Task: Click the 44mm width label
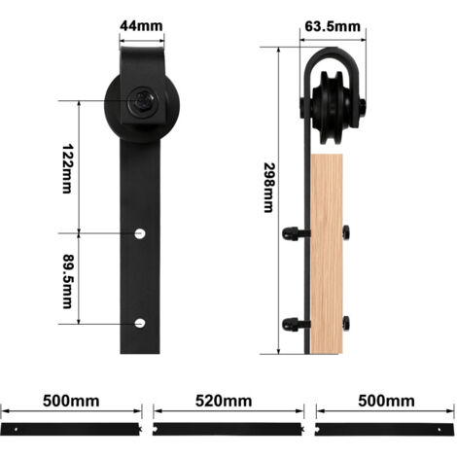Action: [141, 25]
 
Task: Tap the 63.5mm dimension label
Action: [333, 26]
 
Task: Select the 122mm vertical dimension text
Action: [67, 169]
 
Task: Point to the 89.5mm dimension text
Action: [68, 281]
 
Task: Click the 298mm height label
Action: [269, 188]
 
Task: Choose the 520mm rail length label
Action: [224, 401]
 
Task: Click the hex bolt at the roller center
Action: [142, 101]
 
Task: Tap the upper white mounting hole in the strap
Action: [140, 233]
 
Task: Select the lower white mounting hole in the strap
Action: [140, 323]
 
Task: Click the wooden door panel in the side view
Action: [327, 254]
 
